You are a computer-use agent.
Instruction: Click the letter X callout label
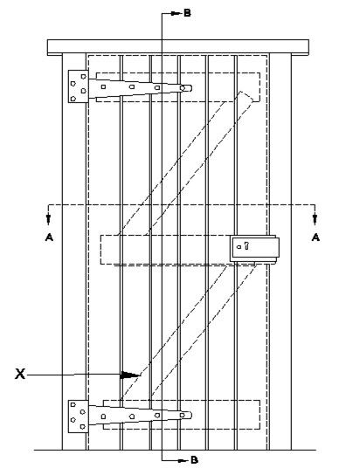20,374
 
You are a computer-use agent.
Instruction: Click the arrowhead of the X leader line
130,375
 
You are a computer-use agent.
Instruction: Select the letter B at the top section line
188,13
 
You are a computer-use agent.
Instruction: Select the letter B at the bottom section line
194,460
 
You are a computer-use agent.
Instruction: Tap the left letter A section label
49,237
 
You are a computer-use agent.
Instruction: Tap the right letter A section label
315,237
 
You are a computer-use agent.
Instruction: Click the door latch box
254,249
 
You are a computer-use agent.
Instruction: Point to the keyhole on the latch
246,245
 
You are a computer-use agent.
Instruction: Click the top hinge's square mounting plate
78,86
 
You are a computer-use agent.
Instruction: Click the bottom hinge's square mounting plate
78,416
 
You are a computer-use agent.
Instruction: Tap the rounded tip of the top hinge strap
187,88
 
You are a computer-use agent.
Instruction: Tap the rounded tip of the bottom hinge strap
187,415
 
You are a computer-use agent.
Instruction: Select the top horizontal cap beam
178,47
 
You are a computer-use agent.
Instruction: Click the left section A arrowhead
48,219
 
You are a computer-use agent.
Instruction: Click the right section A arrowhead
315,219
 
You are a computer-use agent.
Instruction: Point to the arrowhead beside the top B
176,13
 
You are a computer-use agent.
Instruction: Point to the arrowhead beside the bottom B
183,460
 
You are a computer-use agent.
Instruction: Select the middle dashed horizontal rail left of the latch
165,250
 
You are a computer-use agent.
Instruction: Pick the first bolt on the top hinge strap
103,86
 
